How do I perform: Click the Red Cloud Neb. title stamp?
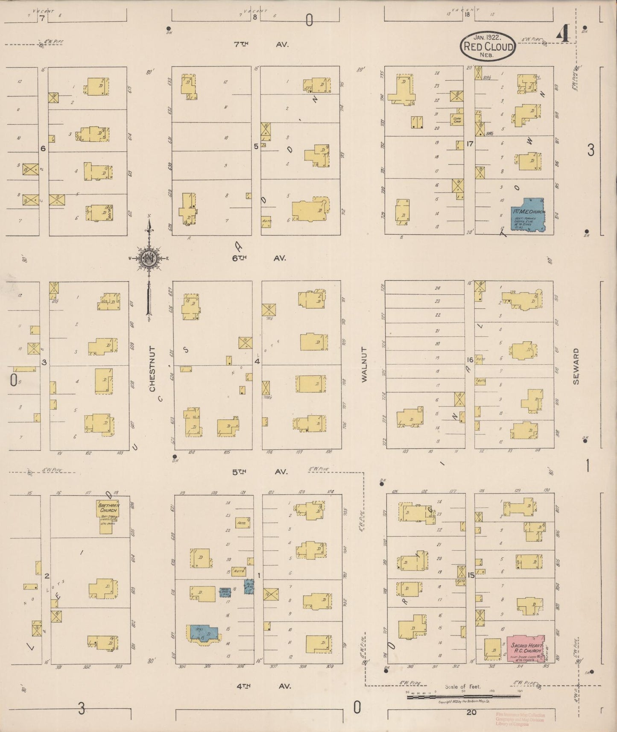coord(488,46)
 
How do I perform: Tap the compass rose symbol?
coord(149,258)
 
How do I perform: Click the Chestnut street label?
coord(152,369)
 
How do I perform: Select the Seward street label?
coord(576,366)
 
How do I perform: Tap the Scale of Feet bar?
coord(463,697)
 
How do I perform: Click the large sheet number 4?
coord(563,35)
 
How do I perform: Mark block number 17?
coord(470,144)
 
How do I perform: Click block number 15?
coord(471,575)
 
